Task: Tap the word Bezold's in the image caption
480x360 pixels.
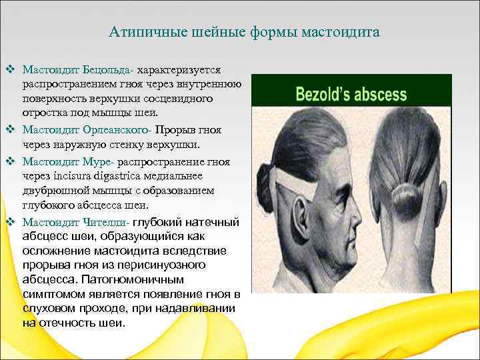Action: click(x=322, y=94)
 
